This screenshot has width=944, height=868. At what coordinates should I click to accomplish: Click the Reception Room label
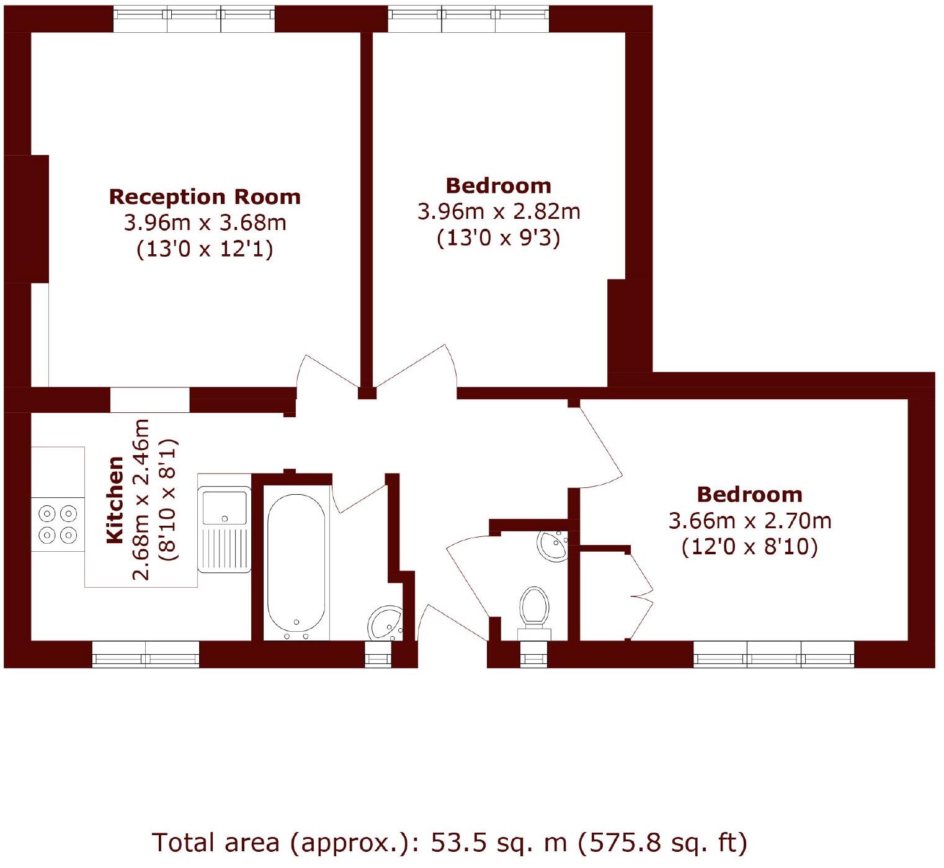[205, 197]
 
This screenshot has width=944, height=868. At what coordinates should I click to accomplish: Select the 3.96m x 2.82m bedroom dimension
[499, 211]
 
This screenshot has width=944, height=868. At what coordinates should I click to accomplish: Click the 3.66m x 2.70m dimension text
[749, 520]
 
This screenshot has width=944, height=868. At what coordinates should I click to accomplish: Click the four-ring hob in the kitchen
[58, 524]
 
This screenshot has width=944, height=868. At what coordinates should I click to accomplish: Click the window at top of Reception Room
[194, 18]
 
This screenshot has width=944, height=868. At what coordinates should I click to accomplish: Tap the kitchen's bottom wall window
[146, 654]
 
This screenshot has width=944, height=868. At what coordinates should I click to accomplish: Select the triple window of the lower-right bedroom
[773, 654]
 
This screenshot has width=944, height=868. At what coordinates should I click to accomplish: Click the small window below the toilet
[534, 654]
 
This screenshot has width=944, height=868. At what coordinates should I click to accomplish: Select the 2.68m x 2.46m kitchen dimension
[142, 500]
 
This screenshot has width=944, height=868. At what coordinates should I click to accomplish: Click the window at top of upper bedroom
[469, 18]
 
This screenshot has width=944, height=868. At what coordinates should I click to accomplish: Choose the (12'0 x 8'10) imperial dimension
[749, 547]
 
